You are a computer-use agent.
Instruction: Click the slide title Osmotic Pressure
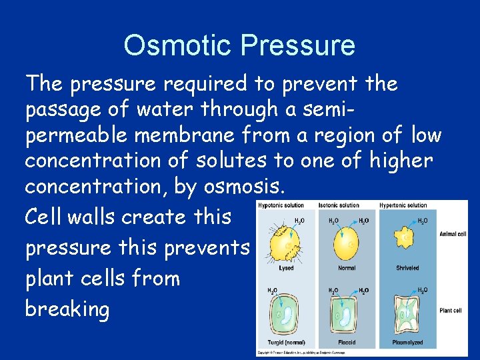pos(239,45)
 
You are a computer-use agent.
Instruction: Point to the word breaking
pos(67,309)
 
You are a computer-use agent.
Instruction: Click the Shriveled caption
pos(407,268)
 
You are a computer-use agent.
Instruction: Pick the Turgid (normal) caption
pos(285,343)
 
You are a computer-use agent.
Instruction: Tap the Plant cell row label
pos(451,311)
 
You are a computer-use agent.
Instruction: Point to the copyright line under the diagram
pos(300,353)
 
